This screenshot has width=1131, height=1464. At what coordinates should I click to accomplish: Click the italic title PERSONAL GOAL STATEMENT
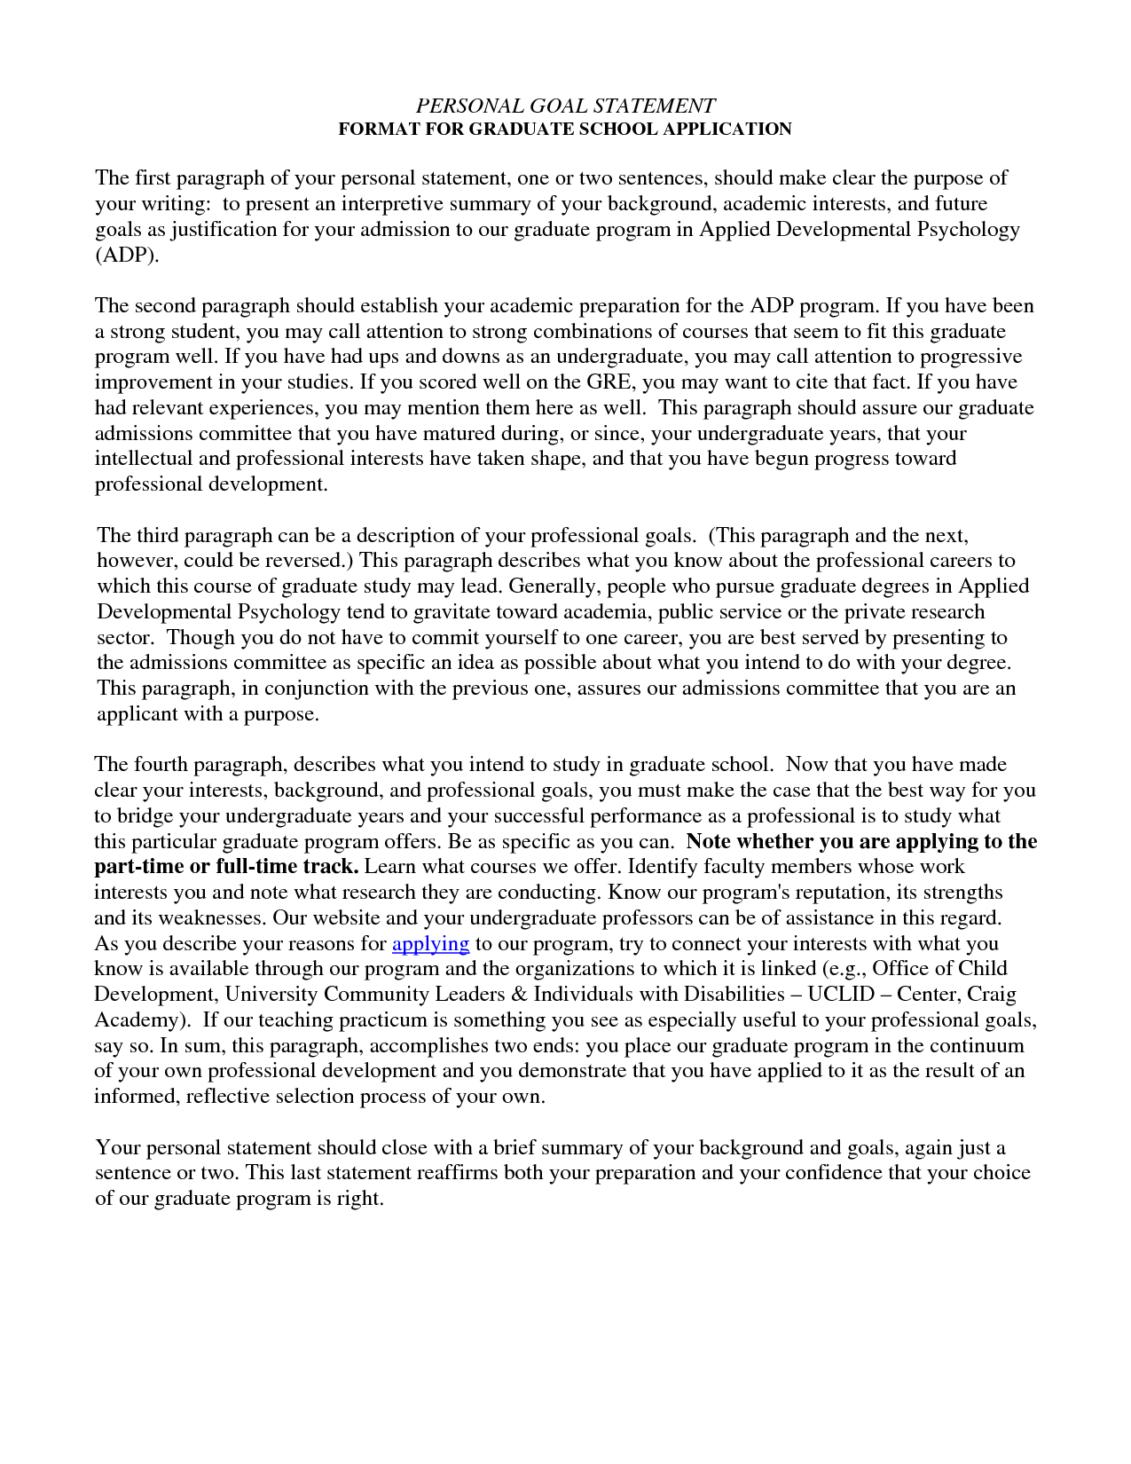pyautogui.click(x=565, y=106)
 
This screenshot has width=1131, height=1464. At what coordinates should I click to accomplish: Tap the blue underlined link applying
pyautogui.click(x=430, y=943)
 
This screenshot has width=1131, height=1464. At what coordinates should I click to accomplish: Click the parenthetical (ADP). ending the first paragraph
pyautogui.click(x=127, y=256)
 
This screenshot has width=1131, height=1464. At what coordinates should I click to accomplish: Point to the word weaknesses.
pyautogui.click(x=209, y=918)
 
